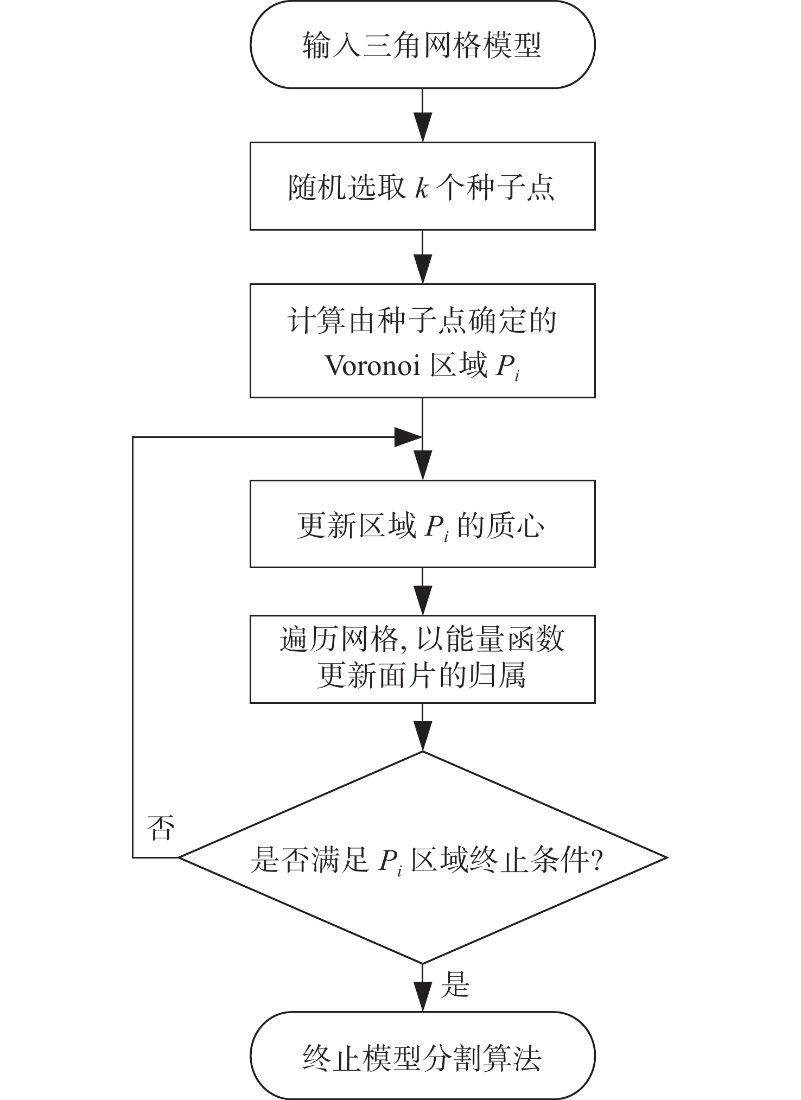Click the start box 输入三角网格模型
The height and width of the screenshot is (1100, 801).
[422, 44]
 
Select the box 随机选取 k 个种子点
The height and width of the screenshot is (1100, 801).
[422, 186]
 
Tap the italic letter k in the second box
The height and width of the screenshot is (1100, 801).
[422, 187]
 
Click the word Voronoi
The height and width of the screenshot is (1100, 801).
[373, 366]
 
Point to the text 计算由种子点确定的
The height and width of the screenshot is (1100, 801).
[422, 321]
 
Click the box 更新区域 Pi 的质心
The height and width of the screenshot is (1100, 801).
[422, 524]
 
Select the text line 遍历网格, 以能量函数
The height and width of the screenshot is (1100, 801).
[422, 640]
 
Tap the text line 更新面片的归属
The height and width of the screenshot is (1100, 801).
[422, 676]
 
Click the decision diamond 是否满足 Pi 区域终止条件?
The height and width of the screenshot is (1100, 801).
[422, 858]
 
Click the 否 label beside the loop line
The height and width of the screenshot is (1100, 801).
[161, 828]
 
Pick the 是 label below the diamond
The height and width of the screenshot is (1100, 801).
[455, 984]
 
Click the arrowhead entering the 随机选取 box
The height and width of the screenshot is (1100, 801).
[422, 127]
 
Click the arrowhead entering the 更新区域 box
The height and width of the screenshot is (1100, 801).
[422, 466]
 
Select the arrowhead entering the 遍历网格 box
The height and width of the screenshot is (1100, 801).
[422, 601]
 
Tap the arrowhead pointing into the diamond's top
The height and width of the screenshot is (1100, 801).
[422, 737]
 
